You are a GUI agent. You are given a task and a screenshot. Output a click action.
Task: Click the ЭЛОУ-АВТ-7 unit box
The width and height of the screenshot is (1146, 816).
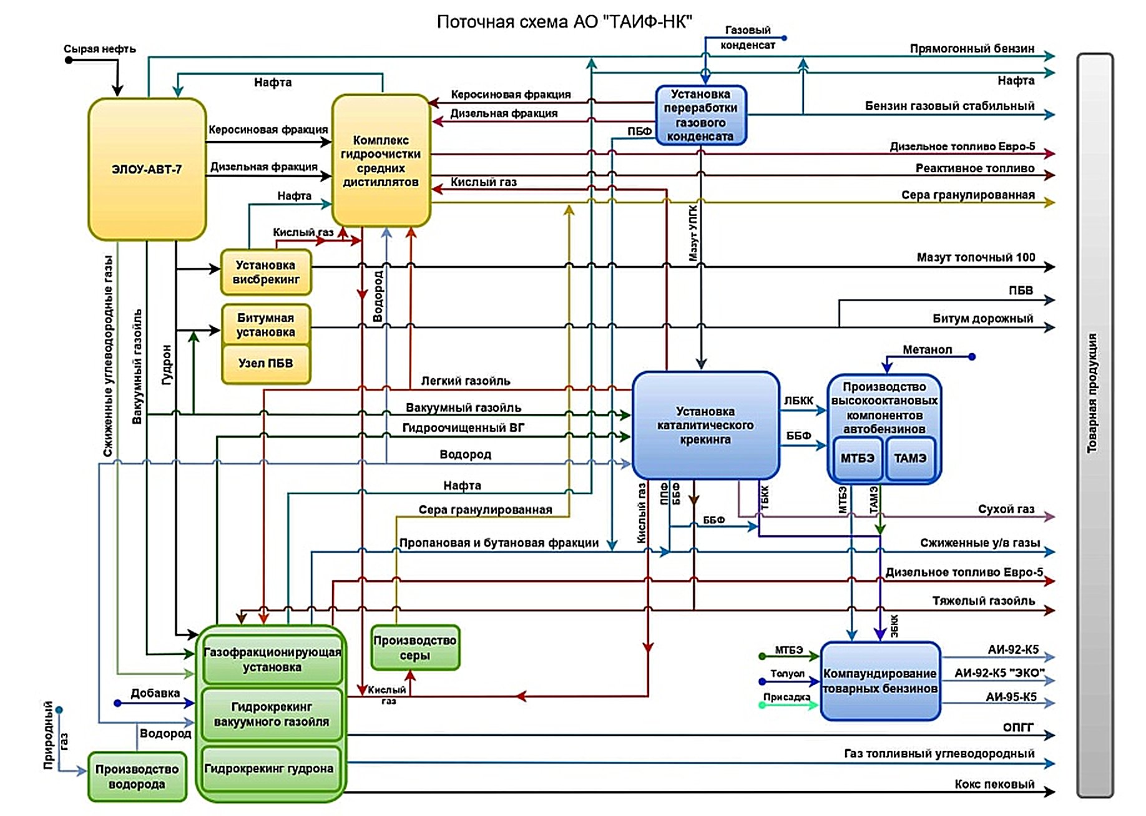pyautogui.click(x=147, y=169)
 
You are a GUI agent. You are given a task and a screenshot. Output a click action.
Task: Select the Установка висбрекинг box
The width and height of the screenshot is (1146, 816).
pyautogui.click(x=266, y=273)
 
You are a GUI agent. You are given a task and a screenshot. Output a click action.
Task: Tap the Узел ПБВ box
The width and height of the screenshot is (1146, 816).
pyautogui.click(x=266, y=364)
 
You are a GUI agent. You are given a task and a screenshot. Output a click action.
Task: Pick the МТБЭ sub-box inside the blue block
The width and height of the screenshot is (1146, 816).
pyautogui.click(x=857, y=459)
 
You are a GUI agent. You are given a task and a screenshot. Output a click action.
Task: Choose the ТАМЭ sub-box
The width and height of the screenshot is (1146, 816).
pyautogui.click(x=910, y=459)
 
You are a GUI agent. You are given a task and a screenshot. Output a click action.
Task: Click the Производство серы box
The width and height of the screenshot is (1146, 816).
pyautogui.click(x=415, y=648)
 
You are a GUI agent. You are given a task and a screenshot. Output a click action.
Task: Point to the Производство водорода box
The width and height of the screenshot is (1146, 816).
pyautogui.click(x=137, y=777)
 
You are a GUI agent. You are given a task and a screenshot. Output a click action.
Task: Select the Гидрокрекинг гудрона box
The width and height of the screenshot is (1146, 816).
pyautogui.click(x=270, y=769)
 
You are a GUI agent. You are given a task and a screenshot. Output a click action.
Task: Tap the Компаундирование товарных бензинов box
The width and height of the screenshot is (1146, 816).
pyautogui.click(x=880, y=681)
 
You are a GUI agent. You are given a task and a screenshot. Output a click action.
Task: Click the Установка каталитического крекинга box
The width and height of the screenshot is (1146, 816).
pyautogui.click(x=705, y=425)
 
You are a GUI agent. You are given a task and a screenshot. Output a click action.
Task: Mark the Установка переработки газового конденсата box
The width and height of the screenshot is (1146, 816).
pyautogui.click(x=700, y=115)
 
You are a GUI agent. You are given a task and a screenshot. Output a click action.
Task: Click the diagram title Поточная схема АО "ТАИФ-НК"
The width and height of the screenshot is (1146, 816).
pyautogui.click(x=564, y=22)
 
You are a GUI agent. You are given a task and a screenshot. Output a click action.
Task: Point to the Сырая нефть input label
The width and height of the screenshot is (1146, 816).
pyautogui.click(x=100, y=49)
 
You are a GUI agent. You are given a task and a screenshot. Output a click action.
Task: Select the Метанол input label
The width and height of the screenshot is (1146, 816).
pyautogui.click(x=928, y=349)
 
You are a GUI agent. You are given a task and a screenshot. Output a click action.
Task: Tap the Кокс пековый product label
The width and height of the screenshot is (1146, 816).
pyautogui.click(x=994, y=784)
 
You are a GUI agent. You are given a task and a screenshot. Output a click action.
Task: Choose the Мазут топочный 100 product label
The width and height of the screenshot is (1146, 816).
pyautogui.click(x=976, y=257)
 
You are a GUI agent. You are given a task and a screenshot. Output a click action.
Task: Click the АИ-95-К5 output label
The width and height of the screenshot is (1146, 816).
pyautogui.click(x=1011, y=697)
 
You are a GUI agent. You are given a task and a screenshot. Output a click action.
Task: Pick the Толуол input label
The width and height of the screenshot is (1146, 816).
pyautogui.click(x=787, y=673)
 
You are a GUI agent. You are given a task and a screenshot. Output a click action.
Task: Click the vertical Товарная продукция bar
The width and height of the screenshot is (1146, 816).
pyautogui.click(x=1095, y=424)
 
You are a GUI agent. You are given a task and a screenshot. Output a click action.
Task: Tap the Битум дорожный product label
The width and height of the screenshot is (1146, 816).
pyautogui.click(x=982, y=318)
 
